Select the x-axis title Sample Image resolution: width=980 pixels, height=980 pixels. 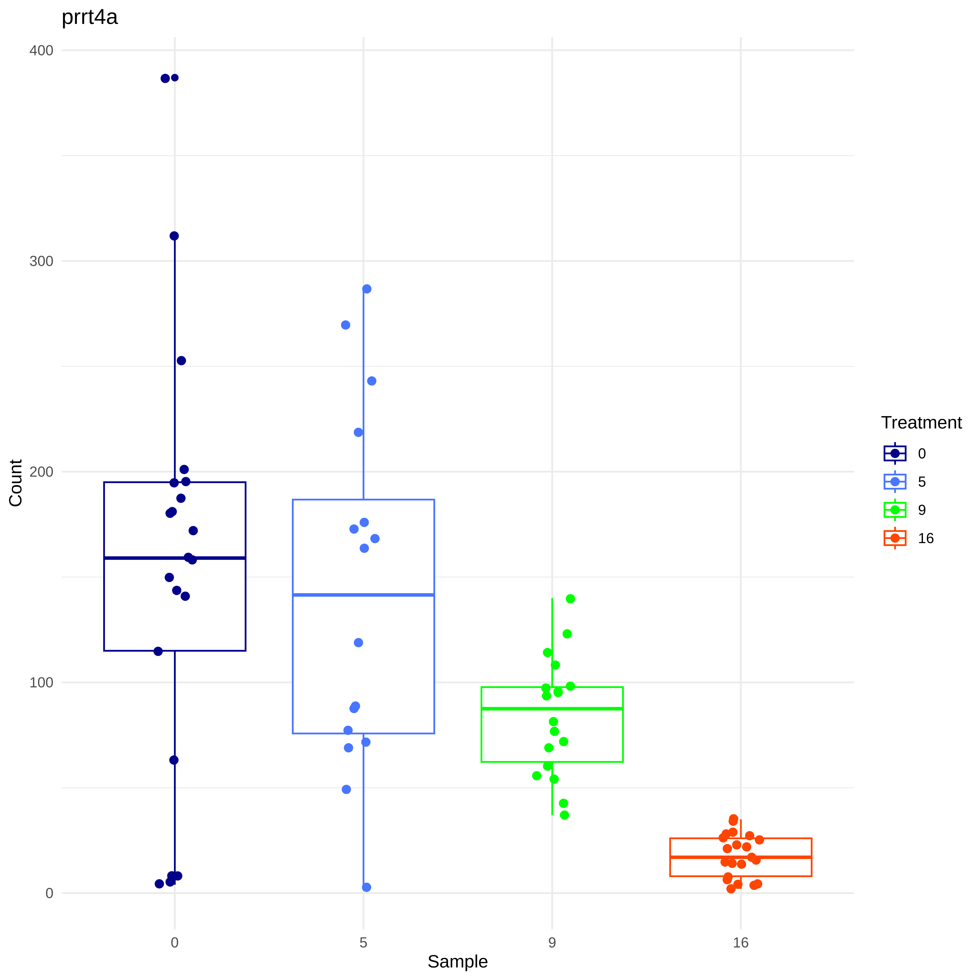(x=457, y=961)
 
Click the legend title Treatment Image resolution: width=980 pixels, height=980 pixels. (x=921, y=423)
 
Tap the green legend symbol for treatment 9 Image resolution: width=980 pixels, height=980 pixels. (x=895, y=510)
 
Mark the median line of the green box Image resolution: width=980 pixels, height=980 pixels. (x=552, y=709)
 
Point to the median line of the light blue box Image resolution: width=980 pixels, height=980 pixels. (x=363, y=594)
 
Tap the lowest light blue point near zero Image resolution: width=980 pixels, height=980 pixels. (x=366, y=887)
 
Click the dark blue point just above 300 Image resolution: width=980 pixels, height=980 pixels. (x=174, y=236)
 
